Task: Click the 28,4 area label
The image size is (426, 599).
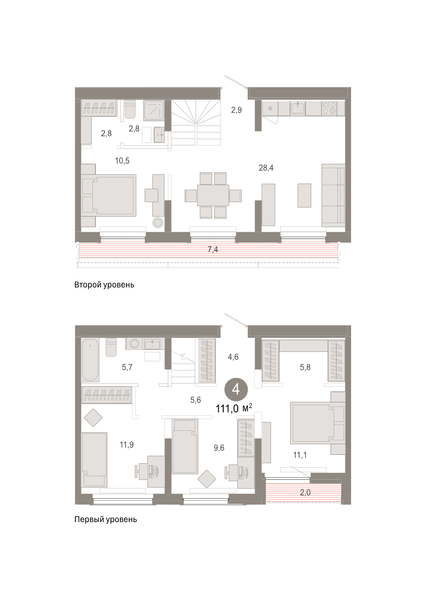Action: click(x=266, y=168)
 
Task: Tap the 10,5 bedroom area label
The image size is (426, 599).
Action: click(x=122, y=161)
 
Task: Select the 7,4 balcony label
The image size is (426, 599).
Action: click(x=213, y=250)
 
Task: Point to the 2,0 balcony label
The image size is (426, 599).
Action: click(x=305, y=492)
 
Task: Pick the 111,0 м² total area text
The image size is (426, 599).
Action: click(x=234, y=408)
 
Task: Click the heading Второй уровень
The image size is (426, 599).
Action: click(x=104, y=285)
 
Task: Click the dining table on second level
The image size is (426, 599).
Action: click(x=213, y=196)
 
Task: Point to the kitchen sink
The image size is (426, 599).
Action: click(x=298, y=108)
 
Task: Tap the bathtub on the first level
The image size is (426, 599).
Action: click(x=90, y=359)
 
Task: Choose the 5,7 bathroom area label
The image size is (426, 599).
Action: click(x=127, y=367)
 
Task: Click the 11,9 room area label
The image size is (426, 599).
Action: click(x=126, y=444)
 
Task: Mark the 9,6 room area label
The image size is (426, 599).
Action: click(x=219, y=448)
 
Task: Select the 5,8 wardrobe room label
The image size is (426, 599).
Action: click(x=305, y=367)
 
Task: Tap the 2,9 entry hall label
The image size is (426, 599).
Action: click(x=237, y=110)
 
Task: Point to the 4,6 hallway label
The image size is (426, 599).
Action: click(x=233, y=357)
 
